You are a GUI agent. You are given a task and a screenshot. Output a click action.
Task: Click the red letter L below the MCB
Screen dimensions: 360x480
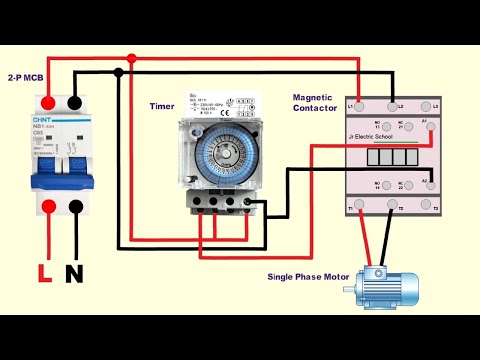[x=44, y=271]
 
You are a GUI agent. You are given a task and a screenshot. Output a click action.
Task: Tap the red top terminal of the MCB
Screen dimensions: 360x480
[x=48, y=102]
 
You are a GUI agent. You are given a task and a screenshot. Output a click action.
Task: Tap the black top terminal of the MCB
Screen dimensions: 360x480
[x=73, y=102]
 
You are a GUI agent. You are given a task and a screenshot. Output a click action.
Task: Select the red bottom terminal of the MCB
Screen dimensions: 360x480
[x=48, y=207]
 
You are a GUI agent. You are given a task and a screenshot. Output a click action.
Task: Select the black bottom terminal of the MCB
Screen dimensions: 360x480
[x=73, y=207]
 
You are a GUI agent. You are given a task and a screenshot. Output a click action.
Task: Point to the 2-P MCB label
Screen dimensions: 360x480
[x=24, y=76]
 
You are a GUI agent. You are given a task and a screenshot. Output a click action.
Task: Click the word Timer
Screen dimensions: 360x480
[x=162, y=104]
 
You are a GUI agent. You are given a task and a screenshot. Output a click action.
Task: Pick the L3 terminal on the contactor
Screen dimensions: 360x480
[x=434, y=105]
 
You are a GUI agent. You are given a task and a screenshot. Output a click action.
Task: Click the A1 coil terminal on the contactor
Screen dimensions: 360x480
[x=434, y=126]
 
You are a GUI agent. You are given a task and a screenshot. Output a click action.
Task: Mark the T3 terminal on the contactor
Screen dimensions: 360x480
[x=434, y=206]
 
